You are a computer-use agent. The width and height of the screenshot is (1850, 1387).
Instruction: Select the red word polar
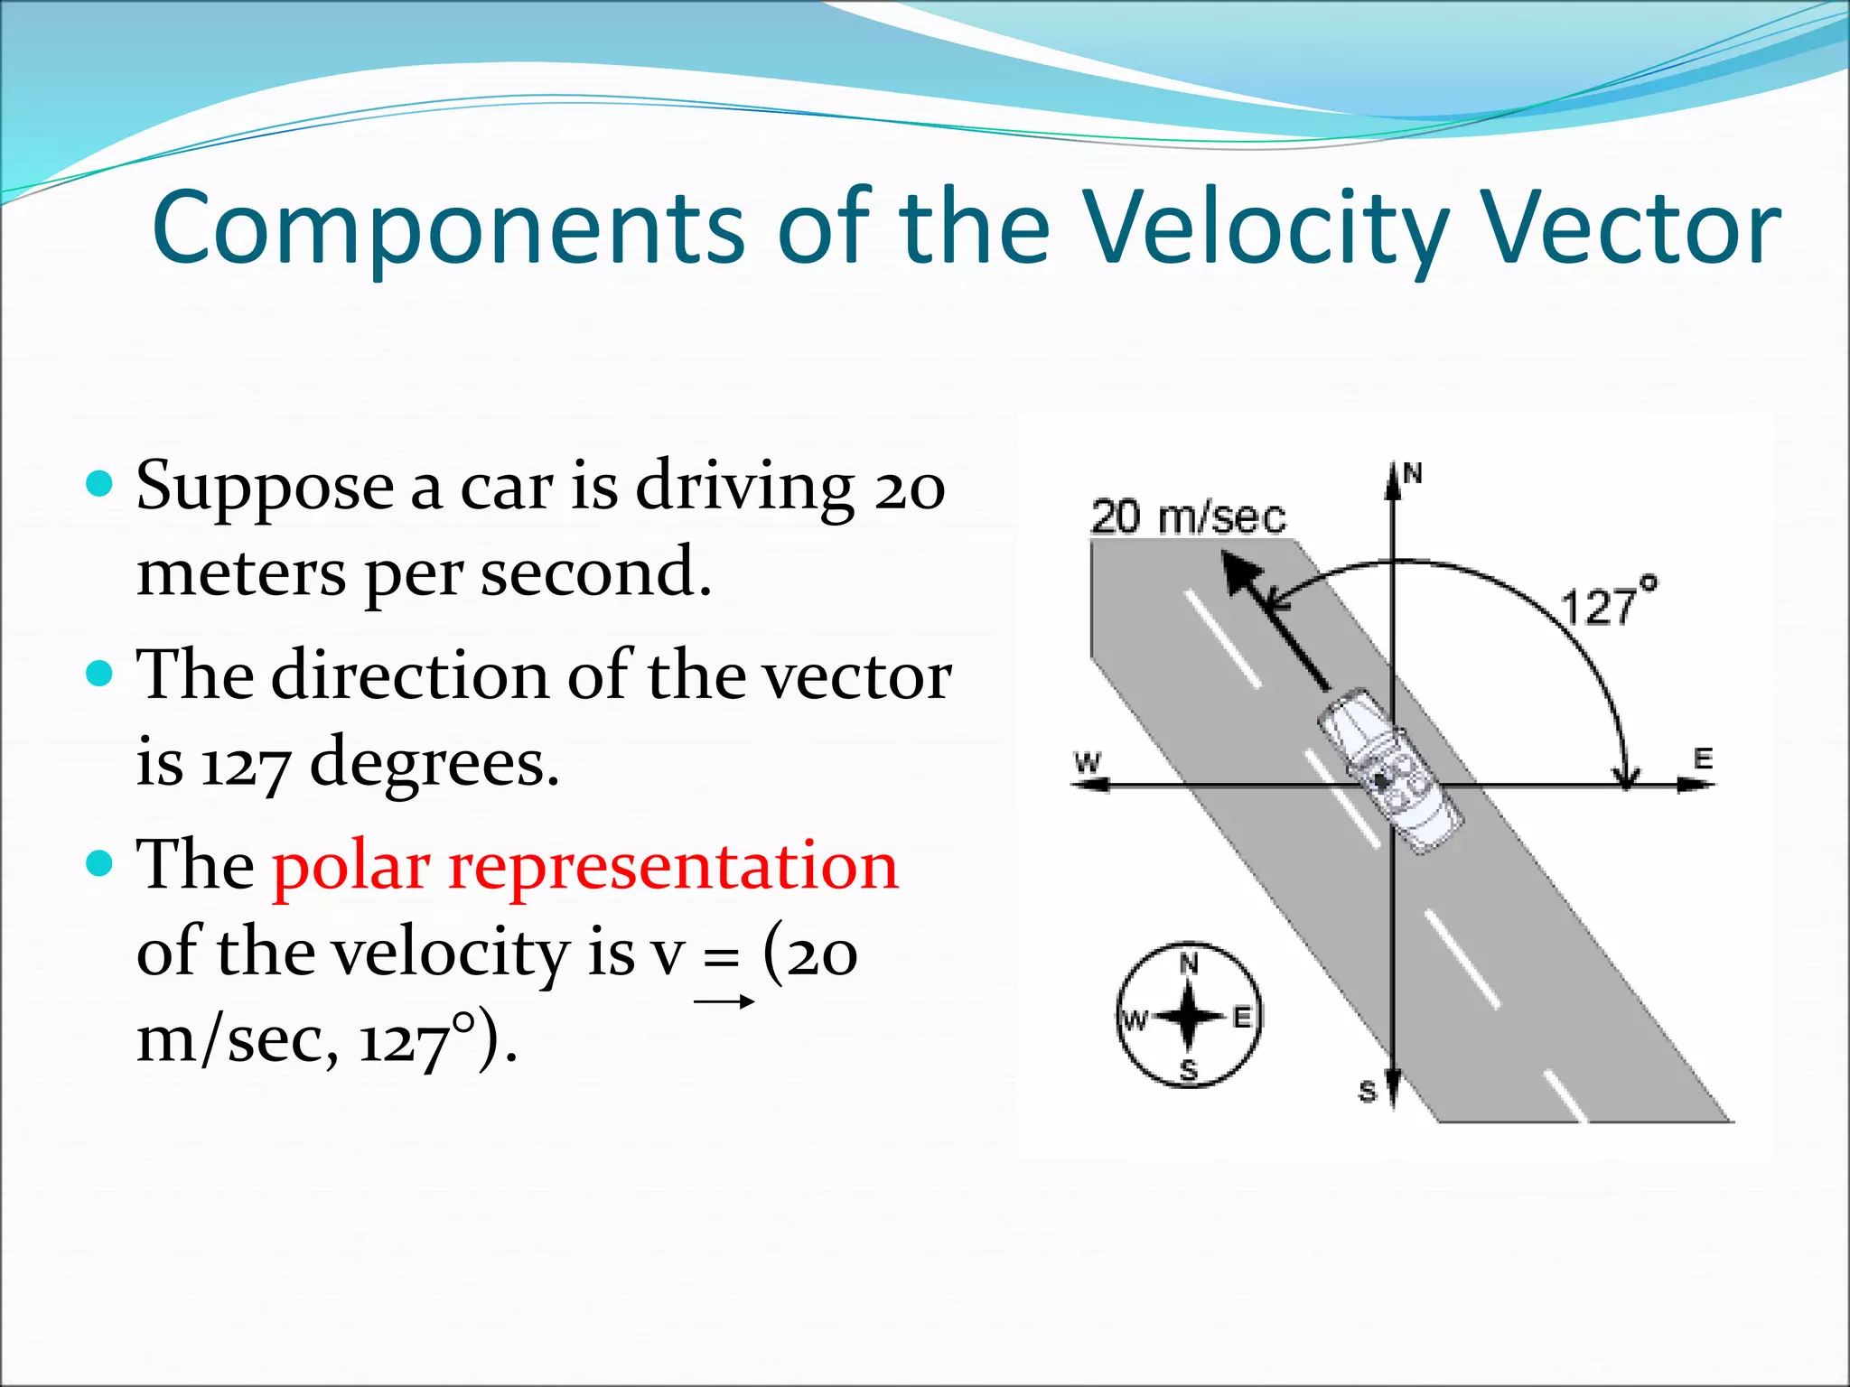[x=350, y=865]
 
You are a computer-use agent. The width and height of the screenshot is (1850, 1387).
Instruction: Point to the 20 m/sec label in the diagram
[x=1188, y=518]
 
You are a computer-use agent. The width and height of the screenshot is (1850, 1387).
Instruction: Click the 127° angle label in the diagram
[x=1608, y=601]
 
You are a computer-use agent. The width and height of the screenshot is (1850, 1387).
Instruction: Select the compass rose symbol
[x=1189, y=1016]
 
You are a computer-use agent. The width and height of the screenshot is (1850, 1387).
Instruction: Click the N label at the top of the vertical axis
[x=1413, y=473]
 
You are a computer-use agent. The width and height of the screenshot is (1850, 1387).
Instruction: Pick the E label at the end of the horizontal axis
[x=1703, y=759]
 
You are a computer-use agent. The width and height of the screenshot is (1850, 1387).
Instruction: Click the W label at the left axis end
[x=1088, y=761]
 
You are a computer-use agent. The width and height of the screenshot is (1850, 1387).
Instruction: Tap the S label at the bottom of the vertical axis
[x=1367, y=1092]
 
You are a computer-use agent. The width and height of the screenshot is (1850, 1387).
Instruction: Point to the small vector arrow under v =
[x=724, y=1001]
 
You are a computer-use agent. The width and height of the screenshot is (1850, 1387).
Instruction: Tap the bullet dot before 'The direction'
[x=100, y=674]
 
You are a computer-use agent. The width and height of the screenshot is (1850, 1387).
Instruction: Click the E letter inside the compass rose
[x=1242, y=1018]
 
